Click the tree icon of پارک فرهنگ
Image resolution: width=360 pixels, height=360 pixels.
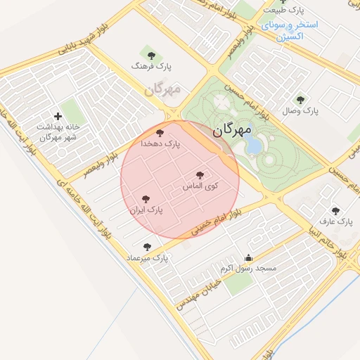coord(148,54)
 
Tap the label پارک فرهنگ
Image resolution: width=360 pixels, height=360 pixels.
coord(151,66)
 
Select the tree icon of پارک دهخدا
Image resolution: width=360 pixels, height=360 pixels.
coord(160,132)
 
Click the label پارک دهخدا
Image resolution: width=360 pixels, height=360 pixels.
coord(160,143)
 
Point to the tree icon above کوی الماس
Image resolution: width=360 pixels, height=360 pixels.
coord(200,174)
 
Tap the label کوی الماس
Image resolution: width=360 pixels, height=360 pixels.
coord(200,186)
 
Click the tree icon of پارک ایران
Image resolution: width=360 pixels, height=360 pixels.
coord(146,199)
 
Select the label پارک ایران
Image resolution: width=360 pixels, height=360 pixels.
coord(146,210)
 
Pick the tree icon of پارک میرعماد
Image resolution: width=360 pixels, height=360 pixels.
coord(147,247)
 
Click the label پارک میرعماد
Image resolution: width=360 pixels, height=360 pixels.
coord(148,258)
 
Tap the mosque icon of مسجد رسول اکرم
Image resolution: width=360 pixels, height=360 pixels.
coord(247,257)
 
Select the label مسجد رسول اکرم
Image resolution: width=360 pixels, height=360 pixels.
coord(248,269)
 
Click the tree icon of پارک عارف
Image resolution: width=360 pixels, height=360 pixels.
coord(335,210)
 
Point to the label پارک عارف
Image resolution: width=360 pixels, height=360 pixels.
coord(335,221)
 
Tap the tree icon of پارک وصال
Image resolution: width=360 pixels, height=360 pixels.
coord(301,100)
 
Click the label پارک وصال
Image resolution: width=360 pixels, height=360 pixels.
coord(301,111)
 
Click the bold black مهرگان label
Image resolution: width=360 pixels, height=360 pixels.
coord(231,130)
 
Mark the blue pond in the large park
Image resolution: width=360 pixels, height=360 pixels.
coord(253,146)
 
